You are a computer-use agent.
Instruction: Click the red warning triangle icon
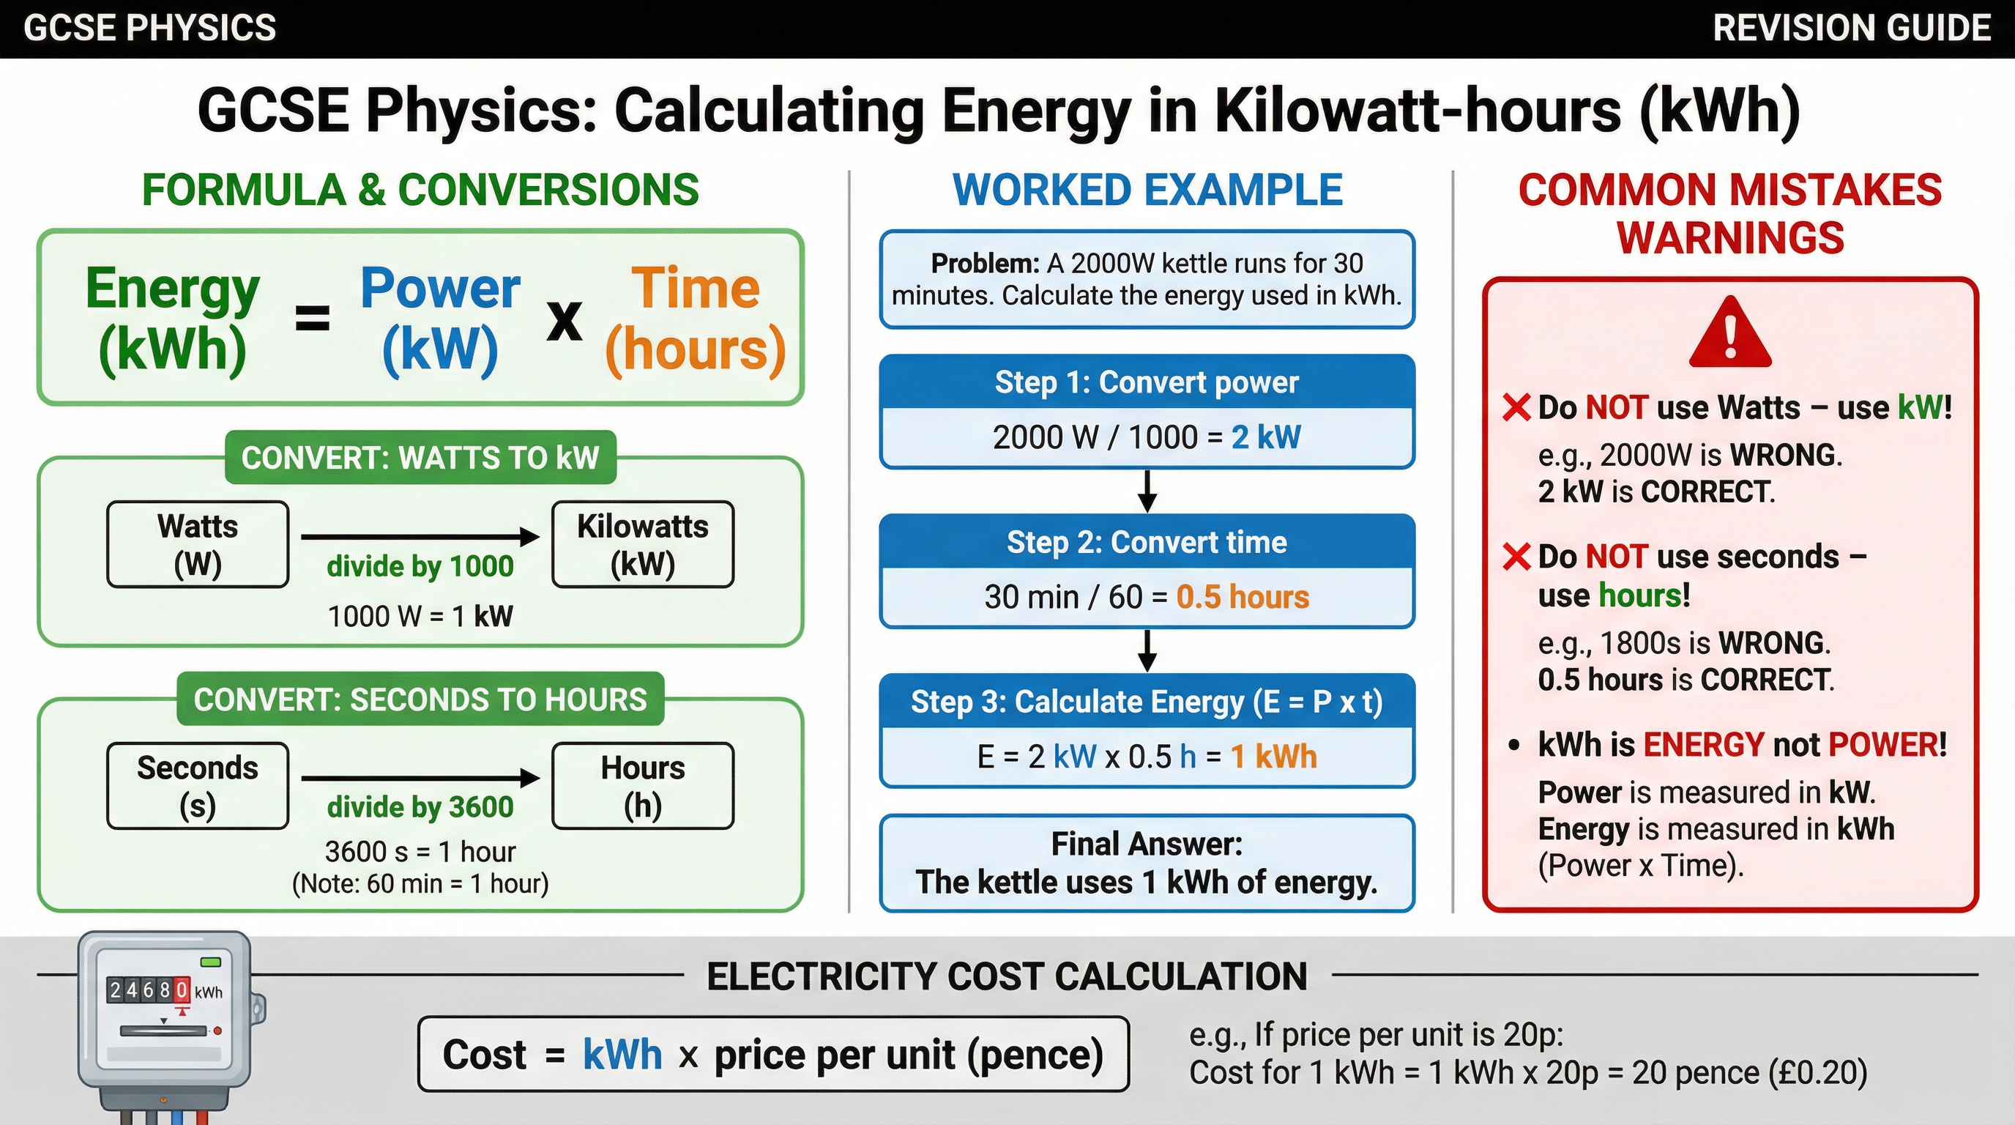point(1729,334)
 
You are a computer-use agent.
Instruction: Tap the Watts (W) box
point(198,544)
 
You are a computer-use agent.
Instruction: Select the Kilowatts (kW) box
point(642,544)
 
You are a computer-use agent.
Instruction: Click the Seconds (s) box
point(198,785)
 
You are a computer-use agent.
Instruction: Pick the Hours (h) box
point(642,785)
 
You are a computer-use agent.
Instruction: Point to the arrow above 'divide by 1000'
point(420,537)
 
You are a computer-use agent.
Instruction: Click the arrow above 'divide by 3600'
point(420,778)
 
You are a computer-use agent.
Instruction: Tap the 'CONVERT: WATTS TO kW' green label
point(420,458)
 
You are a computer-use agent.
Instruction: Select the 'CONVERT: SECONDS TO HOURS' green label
point(420,699)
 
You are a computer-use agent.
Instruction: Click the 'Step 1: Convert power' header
point(1147,382)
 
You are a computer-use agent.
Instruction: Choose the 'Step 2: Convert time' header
point(1147,542)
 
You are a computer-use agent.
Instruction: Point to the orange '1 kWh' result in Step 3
point(1273,757)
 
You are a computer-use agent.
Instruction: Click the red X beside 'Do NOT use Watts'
point(1516,408)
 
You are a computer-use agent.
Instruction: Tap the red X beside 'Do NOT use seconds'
point(1516,557)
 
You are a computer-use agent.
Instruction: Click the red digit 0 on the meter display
point(182,990)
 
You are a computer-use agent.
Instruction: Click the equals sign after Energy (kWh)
point(312,319)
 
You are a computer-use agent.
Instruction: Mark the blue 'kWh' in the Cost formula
point(622,1055)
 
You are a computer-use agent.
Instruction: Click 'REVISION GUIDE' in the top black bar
point(1852,28)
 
